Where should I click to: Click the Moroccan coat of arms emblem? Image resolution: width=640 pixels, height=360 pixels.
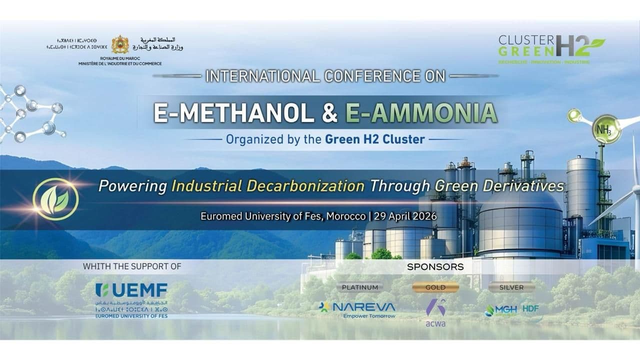[120, 44]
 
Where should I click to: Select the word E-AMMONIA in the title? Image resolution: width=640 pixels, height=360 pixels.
[421, 113]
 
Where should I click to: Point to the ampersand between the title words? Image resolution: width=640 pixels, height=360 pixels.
[329, 113]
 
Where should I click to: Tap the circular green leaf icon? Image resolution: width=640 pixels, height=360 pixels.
[55, 198]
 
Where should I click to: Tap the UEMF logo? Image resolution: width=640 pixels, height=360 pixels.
[131, 299]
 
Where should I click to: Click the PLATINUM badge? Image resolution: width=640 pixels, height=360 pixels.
[359, 287]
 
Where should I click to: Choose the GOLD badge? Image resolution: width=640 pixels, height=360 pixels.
[435, 287]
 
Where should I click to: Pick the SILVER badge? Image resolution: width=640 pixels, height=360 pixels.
[511, 287]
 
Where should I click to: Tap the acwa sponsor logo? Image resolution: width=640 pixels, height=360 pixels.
[435, 312]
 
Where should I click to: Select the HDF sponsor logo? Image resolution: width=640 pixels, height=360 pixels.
[530, 309]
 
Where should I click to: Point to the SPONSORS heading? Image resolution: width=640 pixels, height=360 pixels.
[435, 267]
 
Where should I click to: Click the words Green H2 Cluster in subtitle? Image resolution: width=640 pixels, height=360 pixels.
[374, 139]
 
